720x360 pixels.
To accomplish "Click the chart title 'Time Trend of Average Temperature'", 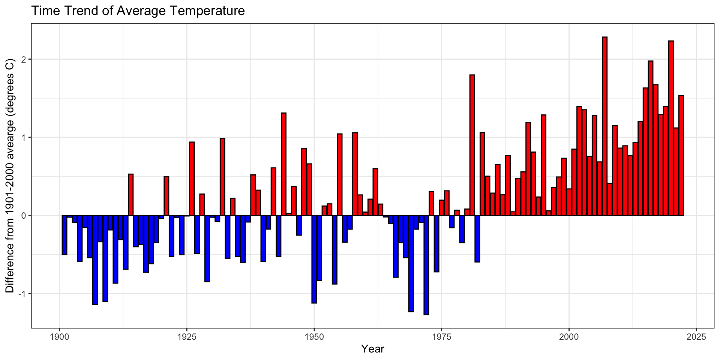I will point(138,10).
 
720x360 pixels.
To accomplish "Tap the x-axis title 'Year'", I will point(372,349).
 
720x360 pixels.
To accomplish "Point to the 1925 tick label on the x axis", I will point(186,336).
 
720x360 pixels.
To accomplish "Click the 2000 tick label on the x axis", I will point(569,336).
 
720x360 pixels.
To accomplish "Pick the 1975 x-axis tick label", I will point(441,336).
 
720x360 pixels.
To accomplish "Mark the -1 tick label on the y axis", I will point(22,294).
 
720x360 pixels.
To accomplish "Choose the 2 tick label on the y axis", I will point(24,59).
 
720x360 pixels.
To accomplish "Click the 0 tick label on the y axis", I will point(24,216).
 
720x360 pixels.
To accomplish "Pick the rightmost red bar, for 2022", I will point(681,155).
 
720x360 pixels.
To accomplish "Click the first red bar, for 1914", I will point(131,195).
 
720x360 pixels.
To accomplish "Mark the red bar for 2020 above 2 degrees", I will point(671,128).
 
